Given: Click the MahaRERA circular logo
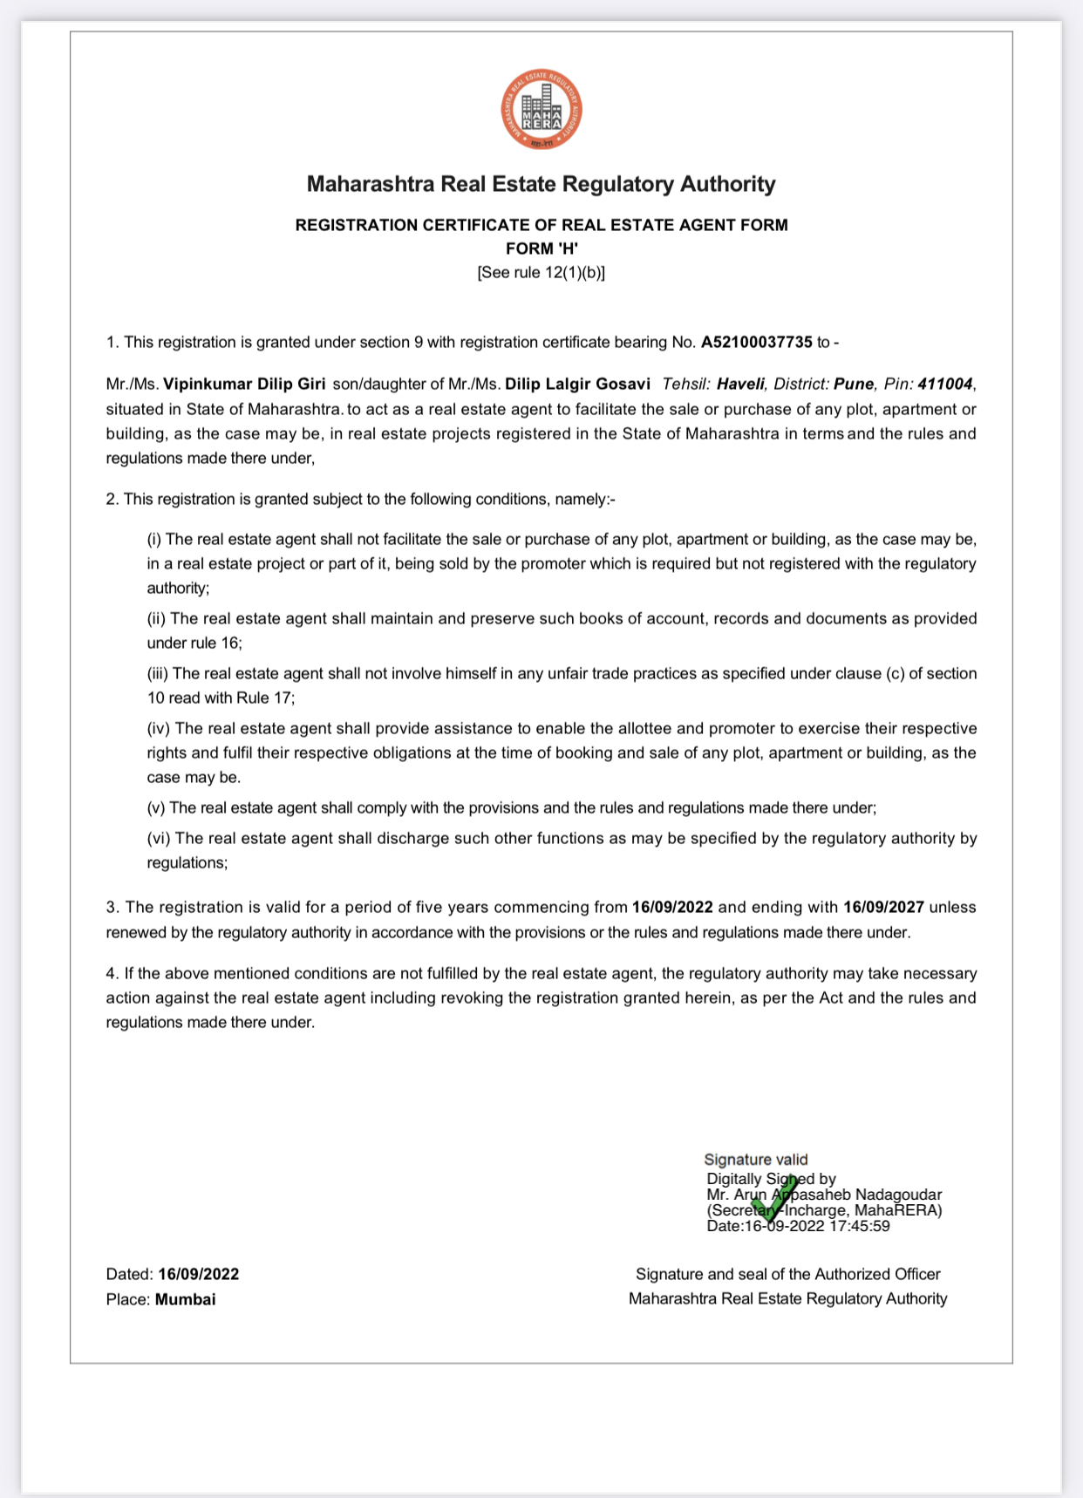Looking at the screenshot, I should click(541, 110).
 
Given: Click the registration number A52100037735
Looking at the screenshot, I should click(756, 342).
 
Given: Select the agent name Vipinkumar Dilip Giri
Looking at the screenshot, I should click(244, 384).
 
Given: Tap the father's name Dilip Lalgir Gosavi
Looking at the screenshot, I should click(577, 384).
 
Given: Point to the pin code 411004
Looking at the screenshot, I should click(944, 384).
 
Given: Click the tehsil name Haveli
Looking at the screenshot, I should click(740, 384).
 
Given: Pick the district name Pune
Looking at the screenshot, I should click(854, 384).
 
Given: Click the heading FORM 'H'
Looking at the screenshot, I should click(541, 249).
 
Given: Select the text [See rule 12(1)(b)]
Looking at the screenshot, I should click(541, 272).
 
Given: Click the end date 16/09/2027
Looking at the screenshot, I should click(883, 907).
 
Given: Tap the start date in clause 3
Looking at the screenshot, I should click(672, 907).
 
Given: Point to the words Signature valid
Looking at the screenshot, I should click(756, 1159).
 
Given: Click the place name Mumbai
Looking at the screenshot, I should click(185, 1299).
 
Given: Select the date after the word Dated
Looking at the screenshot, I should click(199, 1274).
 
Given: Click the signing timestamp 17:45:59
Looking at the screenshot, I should click(859, 1226).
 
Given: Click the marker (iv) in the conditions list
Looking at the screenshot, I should click(160, 728).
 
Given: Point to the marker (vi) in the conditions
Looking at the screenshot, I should click(160, 838).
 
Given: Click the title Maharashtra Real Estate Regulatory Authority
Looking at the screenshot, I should click(541, 184).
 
